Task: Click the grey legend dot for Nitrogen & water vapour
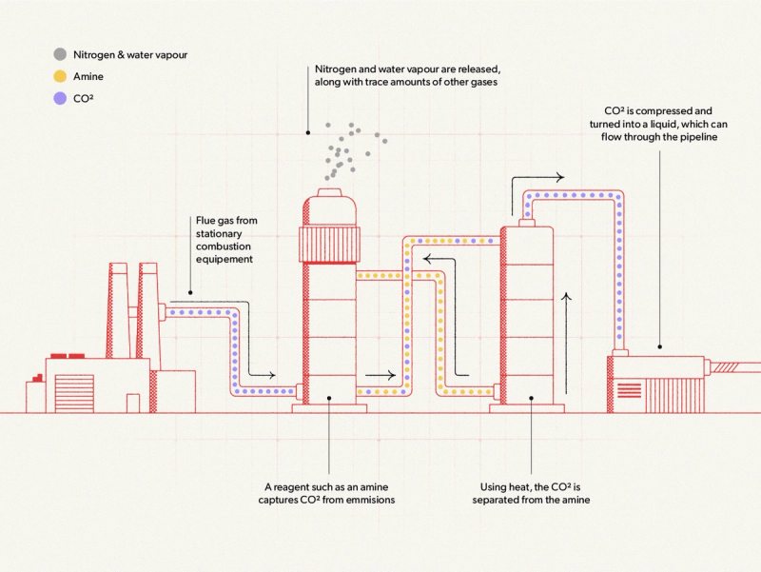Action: pos(60,54)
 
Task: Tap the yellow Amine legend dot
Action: pos(60,75)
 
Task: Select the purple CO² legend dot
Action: pos(60,96)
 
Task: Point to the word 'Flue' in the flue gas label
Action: pos(206,221)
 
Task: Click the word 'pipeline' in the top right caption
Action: pos(695,138)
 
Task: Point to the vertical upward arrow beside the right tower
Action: pos(568,343)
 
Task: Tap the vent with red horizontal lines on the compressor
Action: pos(630,388)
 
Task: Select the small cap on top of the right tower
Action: pos(528,222)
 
